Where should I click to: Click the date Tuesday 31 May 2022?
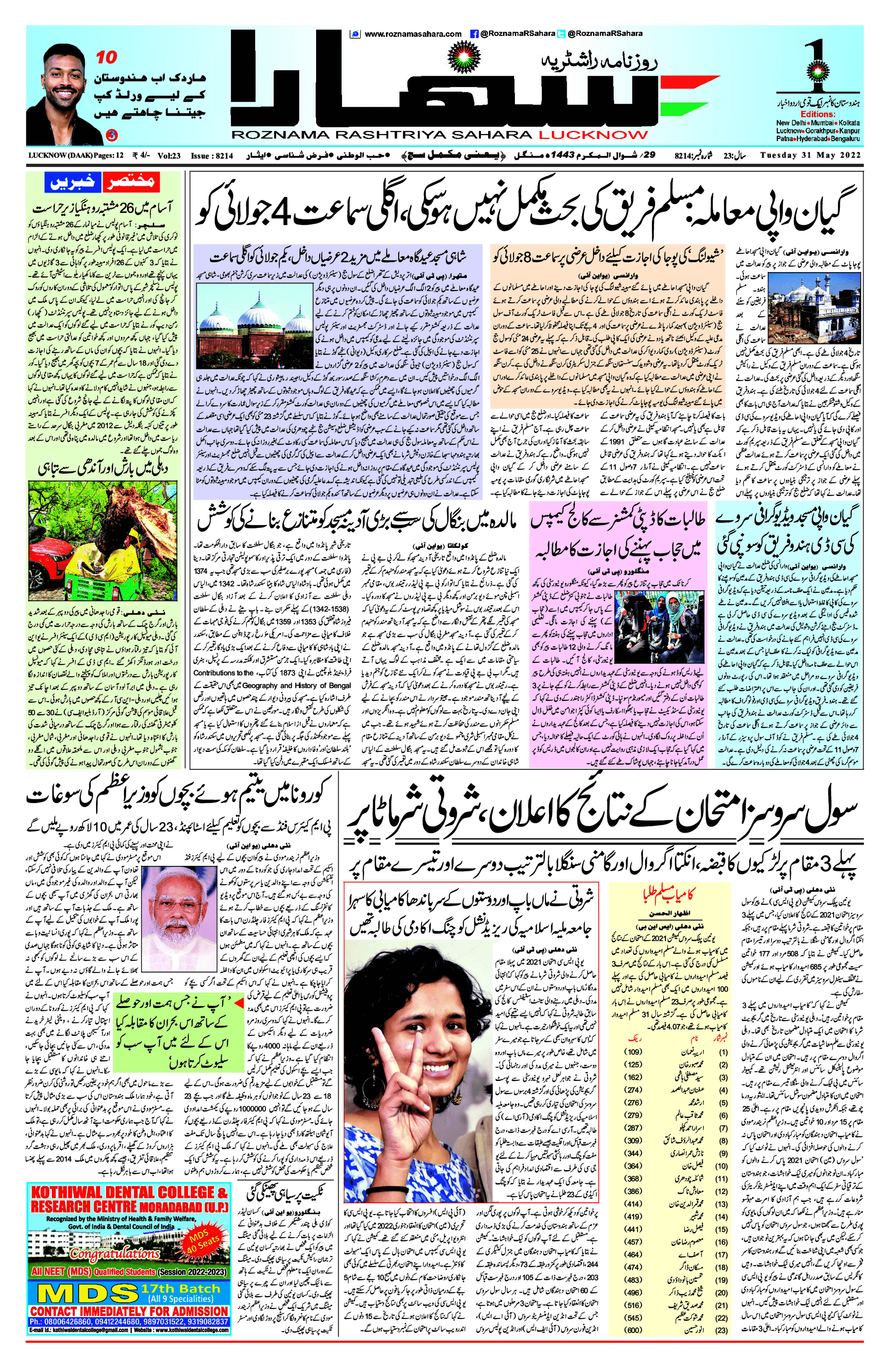coord(810,155)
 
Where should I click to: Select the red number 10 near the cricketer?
coord(106,57)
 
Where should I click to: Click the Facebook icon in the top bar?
coord(474,34)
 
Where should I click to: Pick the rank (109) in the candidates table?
coord(632,1052)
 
